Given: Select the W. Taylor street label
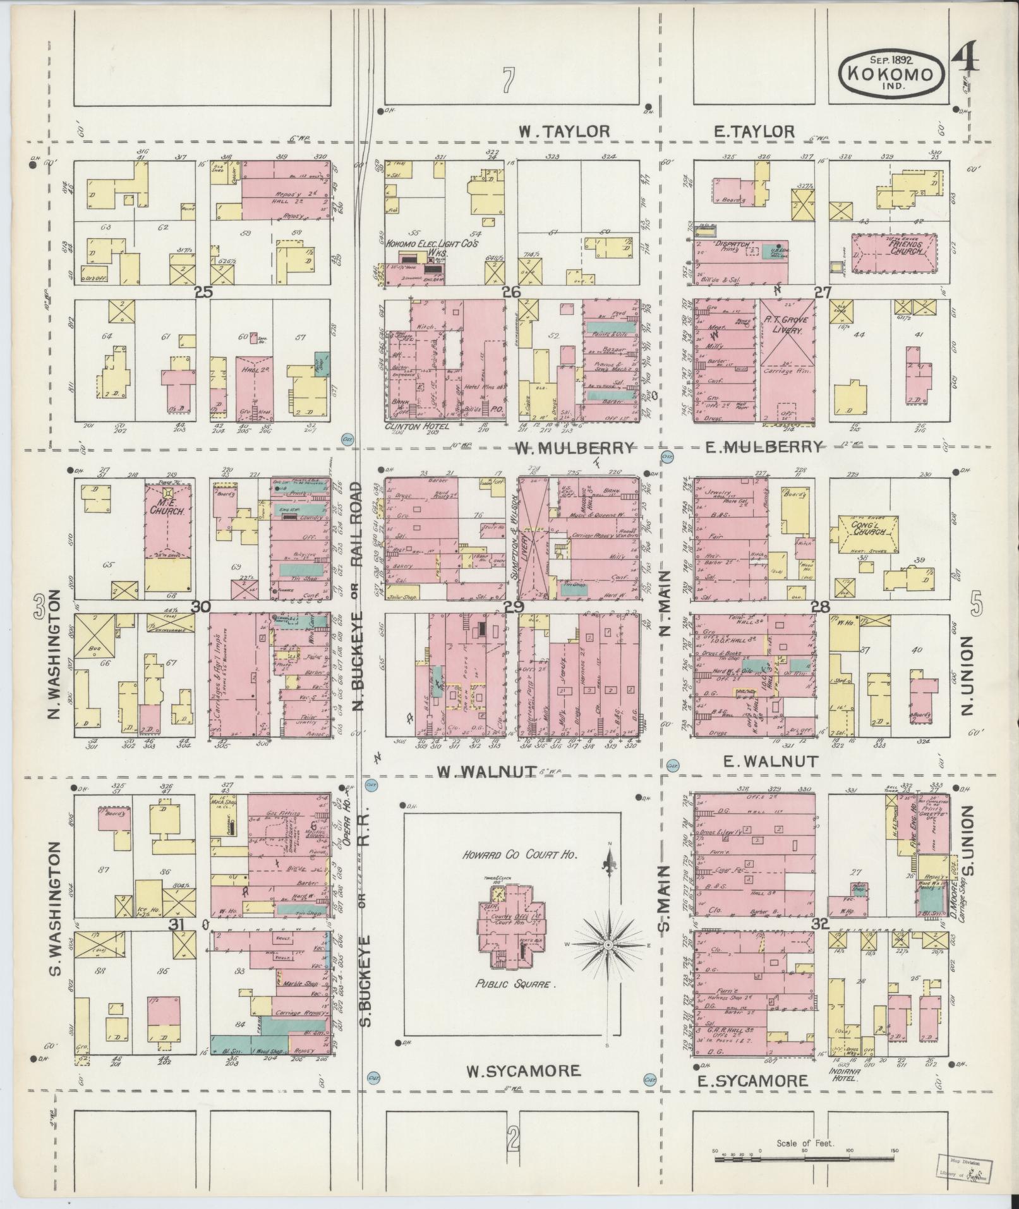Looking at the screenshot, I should point(564,131).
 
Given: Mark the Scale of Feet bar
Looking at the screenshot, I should point(805,1159).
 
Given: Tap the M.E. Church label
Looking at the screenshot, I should point(167,510).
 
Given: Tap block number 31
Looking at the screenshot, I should point(180,924).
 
